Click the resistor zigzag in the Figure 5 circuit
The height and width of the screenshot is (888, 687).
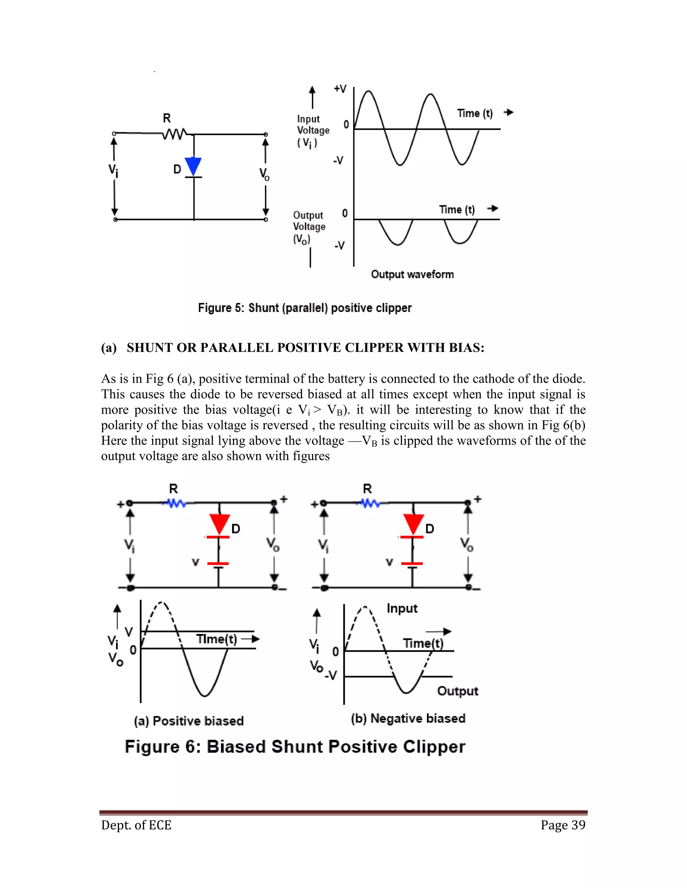(x=174, y=133)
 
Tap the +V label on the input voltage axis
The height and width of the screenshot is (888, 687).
(x=340, y=89)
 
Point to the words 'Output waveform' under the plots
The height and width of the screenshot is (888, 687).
(x=412, y=274)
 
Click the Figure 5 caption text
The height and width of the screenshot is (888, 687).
(x=305, y=308)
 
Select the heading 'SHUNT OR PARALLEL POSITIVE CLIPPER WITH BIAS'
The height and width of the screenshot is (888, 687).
(x=305, y=347)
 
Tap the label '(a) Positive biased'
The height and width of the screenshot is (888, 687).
(x=189, y=721)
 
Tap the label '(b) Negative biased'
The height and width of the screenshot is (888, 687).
(x=408, y=718)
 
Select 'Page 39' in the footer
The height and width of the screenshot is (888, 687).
(x=563, y=825)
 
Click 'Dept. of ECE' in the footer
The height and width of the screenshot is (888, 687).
(x=136, y=825)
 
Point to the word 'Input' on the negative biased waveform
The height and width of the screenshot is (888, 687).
(x=402, y=608)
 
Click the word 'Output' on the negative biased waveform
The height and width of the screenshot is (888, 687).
(x=458, y=691)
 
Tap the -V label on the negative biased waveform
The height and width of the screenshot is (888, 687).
(x=331, y=676)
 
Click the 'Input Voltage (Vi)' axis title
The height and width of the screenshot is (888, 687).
(x=313, y=130)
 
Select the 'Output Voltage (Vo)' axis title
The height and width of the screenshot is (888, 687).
(x=309, y=227)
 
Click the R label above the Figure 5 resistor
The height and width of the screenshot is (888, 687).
(x=167, y=118)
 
